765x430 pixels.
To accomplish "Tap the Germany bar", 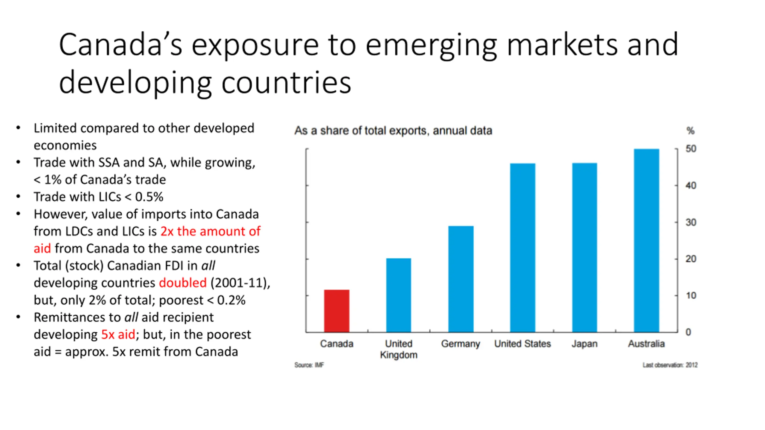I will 460,279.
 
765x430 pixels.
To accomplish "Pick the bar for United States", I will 522,248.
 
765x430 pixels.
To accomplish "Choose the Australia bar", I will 646,240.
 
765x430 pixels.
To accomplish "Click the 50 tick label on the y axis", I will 691,149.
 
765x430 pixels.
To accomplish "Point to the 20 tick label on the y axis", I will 691,259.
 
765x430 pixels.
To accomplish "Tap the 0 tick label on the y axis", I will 688,332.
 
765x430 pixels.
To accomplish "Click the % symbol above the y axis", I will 690,131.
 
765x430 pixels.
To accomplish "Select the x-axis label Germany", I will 460,344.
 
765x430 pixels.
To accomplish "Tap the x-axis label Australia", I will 646,344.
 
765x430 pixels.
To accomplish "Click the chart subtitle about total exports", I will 393,131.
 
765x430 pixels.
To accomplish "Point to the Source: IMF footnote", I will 309,365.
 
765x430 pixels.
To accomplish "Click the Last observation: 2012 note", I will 670,365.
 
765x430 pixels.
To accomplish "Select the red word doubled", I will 183,283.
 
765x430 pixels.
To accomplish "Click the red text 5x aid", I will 118,334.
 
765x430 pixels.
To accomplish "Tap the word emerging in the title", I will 431,45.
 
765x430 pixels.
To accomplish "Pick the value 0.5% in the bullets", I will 149,197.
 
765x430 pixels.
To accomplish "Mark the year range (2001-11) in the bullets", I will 240,283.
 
